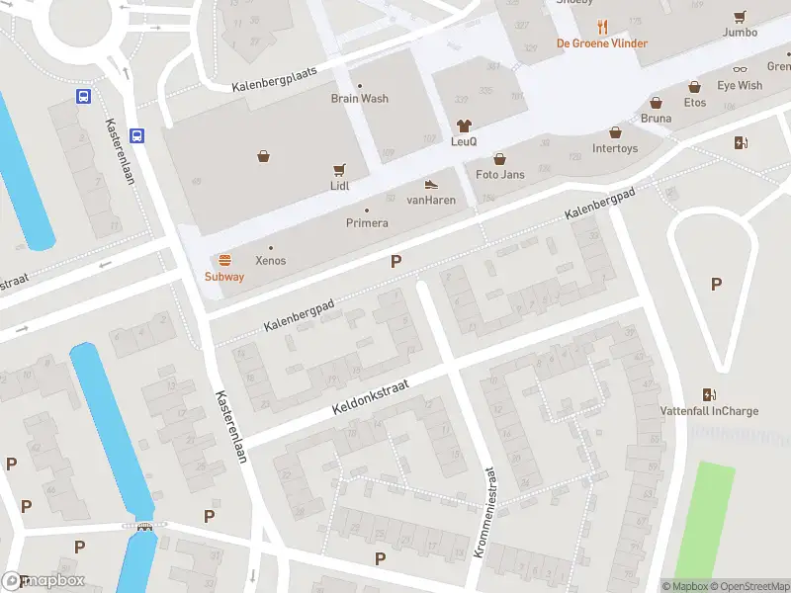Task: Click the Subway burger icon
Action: point(224,260)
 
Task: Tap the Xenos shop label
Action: point(271,261)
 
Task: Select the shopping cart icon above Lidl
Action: point(340,169)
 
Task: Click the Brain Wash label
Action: point(359,99)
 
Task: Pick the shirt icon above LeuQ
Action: point(464,126)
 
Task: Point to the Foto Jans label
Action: point(499,175)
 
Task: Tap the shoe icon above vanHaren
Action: point(431,184)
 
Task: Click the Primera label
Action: point(366,223)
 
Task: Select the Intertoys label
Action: point(614,149)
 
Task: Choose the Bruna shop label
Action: point(656,119)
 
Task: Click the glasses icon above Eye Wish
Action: point(740,69)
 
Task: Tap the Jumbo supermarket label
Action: point(740,33)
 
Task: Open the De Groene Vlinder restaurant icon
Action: point(602,27)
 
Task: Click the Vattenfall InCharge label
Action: point(709,411)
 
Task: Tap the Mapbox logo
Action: point(44,581)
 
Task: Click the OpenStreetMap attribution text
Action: point(749,586)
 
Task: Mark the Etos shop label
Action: point(695,103)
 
